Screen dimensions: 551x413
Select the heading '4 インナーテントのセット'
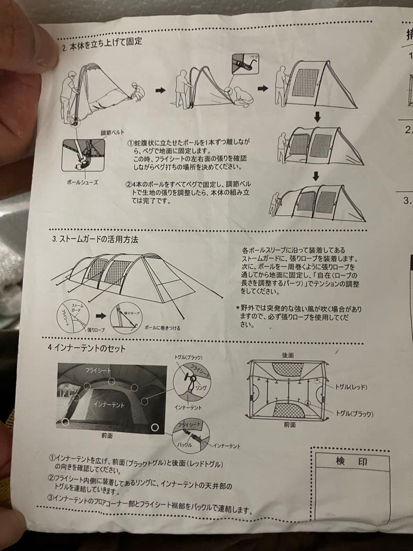(87, 348)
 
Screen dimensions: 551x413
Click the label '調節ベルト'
(112, 133)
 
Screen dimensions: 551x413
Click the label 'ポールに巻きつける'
(162, 327)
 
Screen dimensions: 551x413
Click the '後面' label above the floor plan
(288, 355)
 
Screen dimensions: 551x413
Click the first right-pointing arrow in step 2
(160, 90)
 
